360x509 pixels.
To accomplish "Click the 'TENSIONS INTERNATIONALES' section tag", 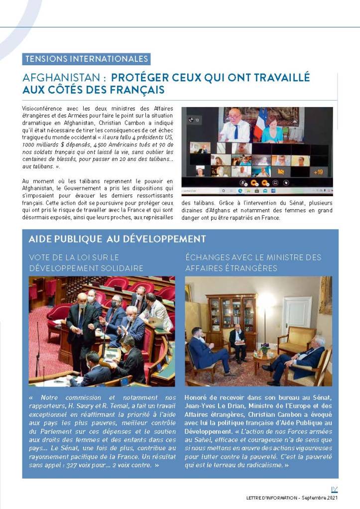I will pyautogui.click(x=87, y=59).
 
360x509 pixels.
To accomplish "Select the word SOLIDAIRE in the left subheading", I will pyautogui.click(x=120, y=268).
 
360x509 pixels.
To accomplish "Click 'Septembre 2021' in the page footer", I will pyautogui.click(x=324, y=498).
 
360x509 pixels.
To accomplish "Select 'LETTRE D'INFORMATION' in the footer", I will pyautogui.click(x=272, y=498).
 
